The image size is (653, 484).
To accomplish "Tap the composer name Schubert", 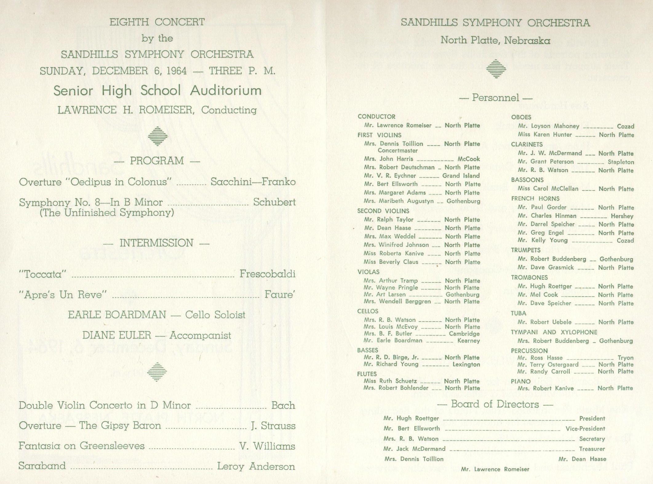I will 274,202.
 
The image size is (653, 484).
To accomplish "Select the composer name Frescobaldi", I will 267,274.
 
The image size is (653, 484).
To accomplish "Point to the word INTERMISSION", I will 156,243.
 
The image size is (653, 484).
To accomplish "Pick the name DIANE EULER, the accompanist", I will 117,335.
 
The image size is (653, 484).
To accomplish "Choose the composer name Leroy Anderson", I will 256,466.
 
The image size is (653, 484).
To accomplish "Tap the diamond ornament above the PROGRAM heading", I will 158,136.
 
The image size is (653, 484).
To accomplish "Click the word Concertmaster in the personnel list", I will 397,151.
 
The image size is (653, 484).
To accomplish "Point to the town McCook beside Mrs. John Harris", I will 468,159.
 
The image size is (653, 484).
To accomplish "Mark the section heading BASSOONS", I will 527,180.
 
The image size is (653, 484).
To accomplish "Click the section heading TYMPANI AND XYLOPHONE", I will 554,332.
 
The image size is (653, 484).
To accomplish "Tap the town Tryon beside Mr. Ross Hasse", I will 625,358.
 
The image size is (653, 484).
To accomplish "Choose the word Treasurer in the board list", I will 592,449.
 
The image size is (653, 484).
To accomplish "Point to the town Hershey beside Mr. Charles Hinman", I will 622,216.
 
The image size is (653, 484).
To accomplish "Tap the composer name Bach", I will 283,405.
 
